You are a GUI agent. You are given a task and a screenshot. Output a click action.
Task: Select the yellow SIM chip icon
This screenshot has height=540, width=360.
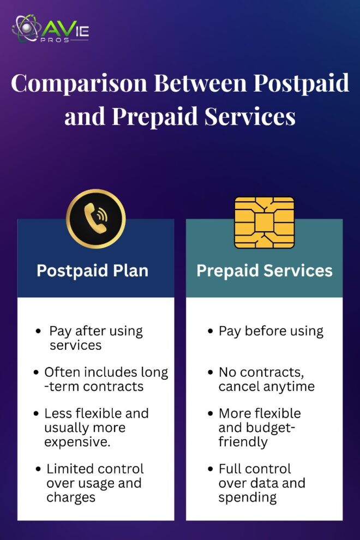264,221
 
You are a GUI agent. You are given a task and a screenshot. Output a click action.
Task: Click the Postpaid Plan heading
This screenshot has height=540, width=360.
92,271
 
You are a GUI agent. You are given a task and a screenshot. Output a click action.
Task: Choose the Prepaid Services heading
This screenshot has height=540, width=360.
265,271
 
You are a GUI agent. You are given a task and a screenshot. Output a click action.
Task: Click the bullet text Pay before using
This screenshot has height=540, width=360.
271,331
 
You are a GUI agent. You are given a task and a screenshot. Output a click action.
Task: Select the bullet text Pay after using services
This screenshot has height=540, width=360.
95,338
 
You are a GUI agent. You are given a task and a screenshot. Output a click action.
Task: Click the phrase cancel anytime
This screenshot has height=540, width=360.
267,387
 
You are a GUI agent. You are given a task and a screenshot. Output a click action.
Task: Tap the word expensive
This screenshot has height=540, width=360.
77,442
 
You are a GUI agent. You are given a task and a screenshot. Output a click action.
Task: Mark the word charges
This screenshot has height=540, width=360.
70,497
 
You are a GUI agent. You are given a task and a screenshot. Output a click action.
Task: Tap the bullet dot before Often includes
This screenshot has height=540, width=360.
37,373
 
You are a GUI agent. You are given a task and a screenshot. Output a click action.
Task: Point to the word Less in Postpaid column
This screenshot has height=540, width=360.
57,413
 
